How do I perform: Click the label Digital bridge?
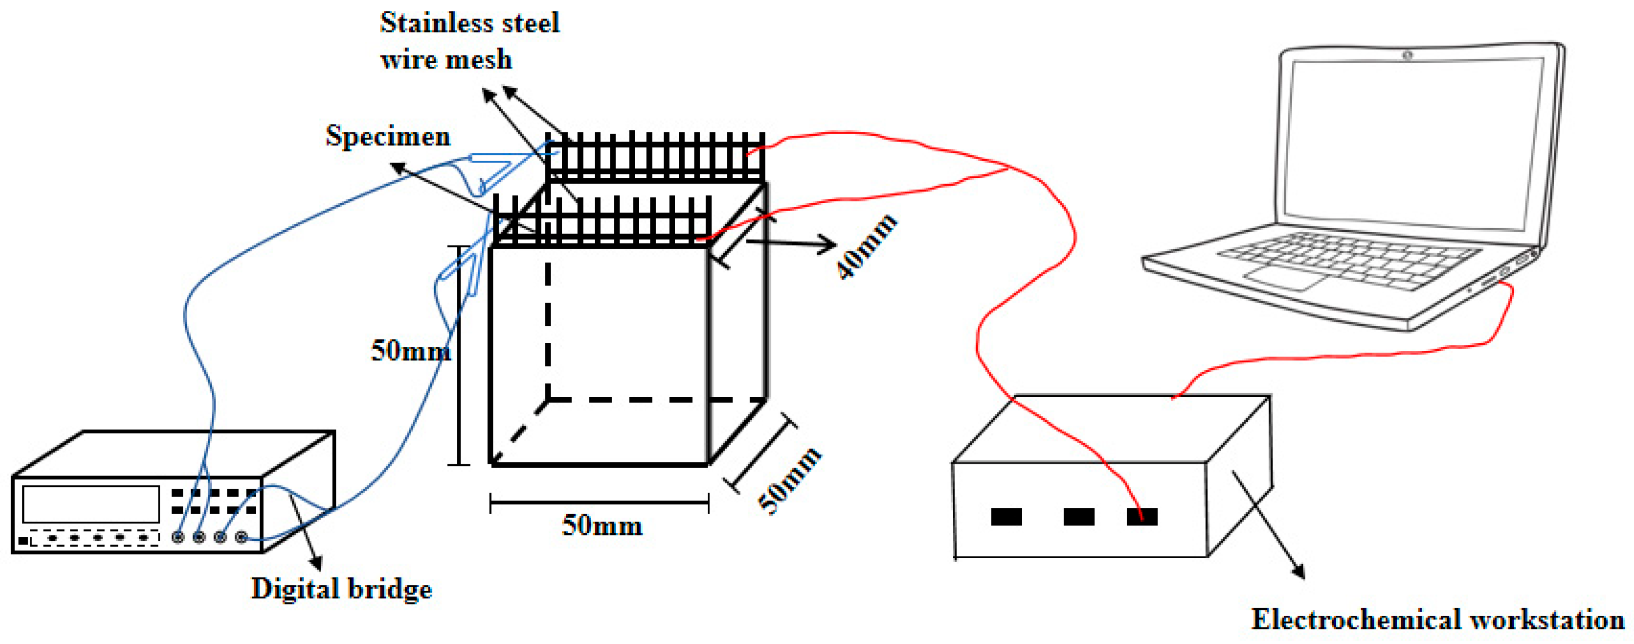click(x=341, y=588)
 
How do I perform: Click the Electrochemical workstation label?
click(x=1437, y=619)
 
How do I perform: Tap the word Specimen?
click(x=387, y=136)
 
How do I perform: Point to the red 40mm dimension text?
click(x=866, y=247)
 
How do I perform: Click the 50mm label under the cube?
click(x=601, y=526)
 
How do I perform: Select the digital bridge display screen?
click(x=91, y=504)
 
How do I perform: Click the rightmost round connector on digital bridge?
click(x=241, y=537)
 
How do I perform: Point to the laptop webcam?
click(x=1407, y=56)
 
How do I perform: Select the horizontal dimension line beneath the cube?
click(x=599, y=503)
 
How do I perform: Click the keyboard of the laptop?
click(x=1348, y=260)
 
